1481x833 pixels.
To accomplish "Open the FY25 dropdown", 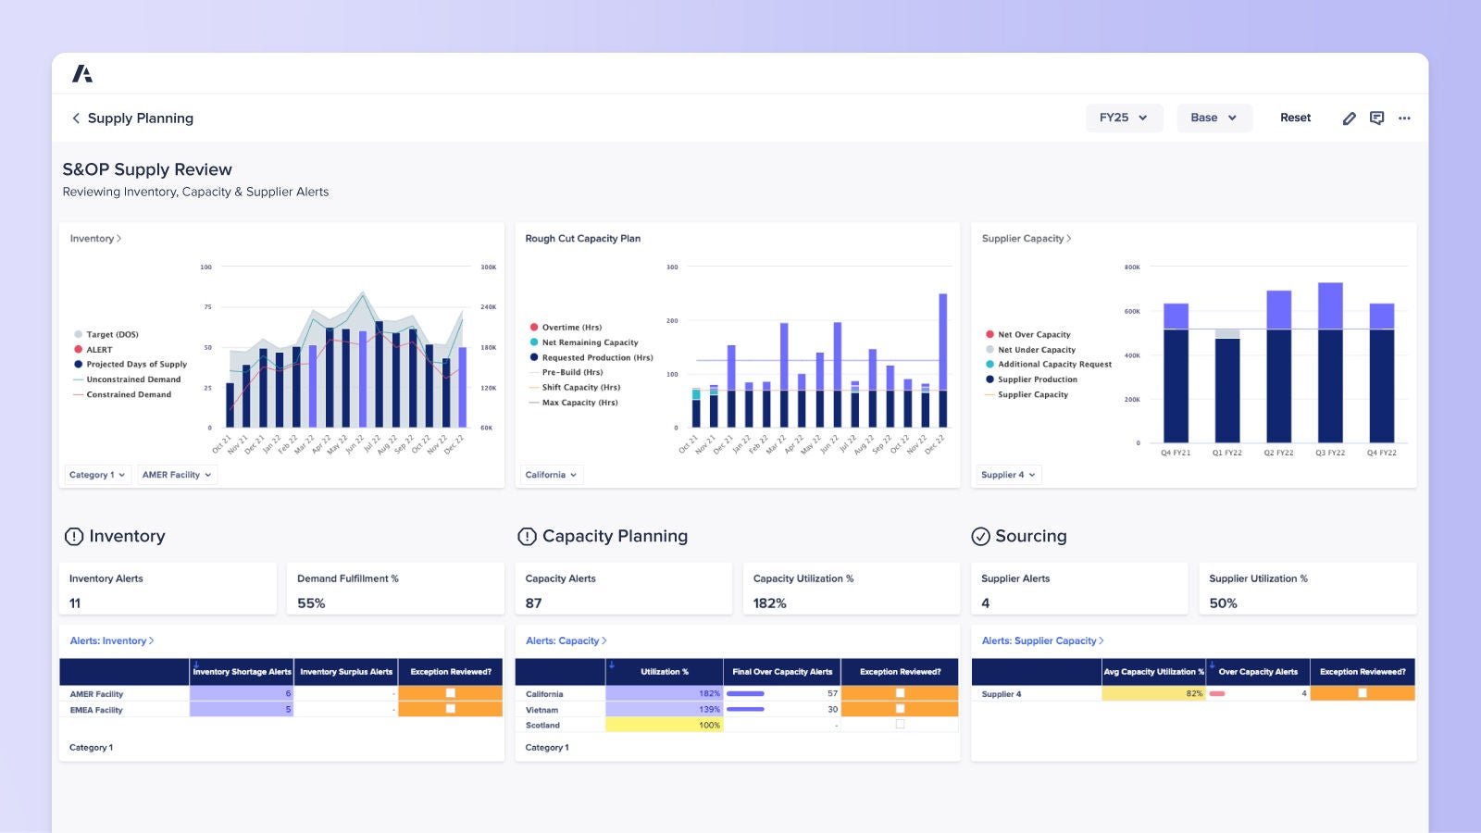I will (1123, 118).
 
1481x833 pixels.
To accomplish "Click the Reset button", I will (1295, 118).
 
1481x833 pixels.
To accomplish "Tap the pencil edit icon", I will (1349, 118).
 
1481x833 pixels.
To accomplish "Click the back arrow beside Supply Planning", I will (76, 118).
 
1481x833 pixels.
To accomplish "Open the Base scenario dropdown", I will (1213, 118).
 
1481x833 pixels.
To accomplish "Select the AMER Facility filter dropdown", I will (177, 475).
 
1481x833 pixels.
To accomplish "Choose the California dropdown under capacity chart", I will (551, 475).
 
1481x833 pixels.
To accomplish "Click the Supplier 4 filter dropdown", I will (1008, 475).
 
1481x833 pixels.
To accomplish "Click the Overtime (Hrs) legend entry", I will (571, 328).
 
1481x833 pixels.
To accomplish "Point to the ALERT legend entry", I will (99, 350).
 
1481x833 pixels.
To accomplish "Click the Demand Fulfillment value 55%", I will (311, 603).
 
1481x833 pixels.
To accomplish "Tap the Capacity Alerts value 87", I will (533, 603).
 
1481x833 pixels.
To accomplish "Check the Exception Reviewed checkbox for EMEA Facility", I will (451, 709).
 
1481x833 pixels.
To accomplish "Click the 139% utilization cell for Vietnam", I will (664, 709).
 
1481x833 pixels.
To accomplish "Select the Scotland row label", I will (542, 725).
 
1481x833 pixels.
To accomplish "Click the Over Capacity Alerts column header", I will (1257, 672).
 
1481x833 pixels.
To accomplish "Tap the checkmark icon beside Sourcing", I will (980, 537).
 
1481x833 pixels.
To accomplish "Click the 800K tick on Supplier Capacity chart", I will (1132, 267).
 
